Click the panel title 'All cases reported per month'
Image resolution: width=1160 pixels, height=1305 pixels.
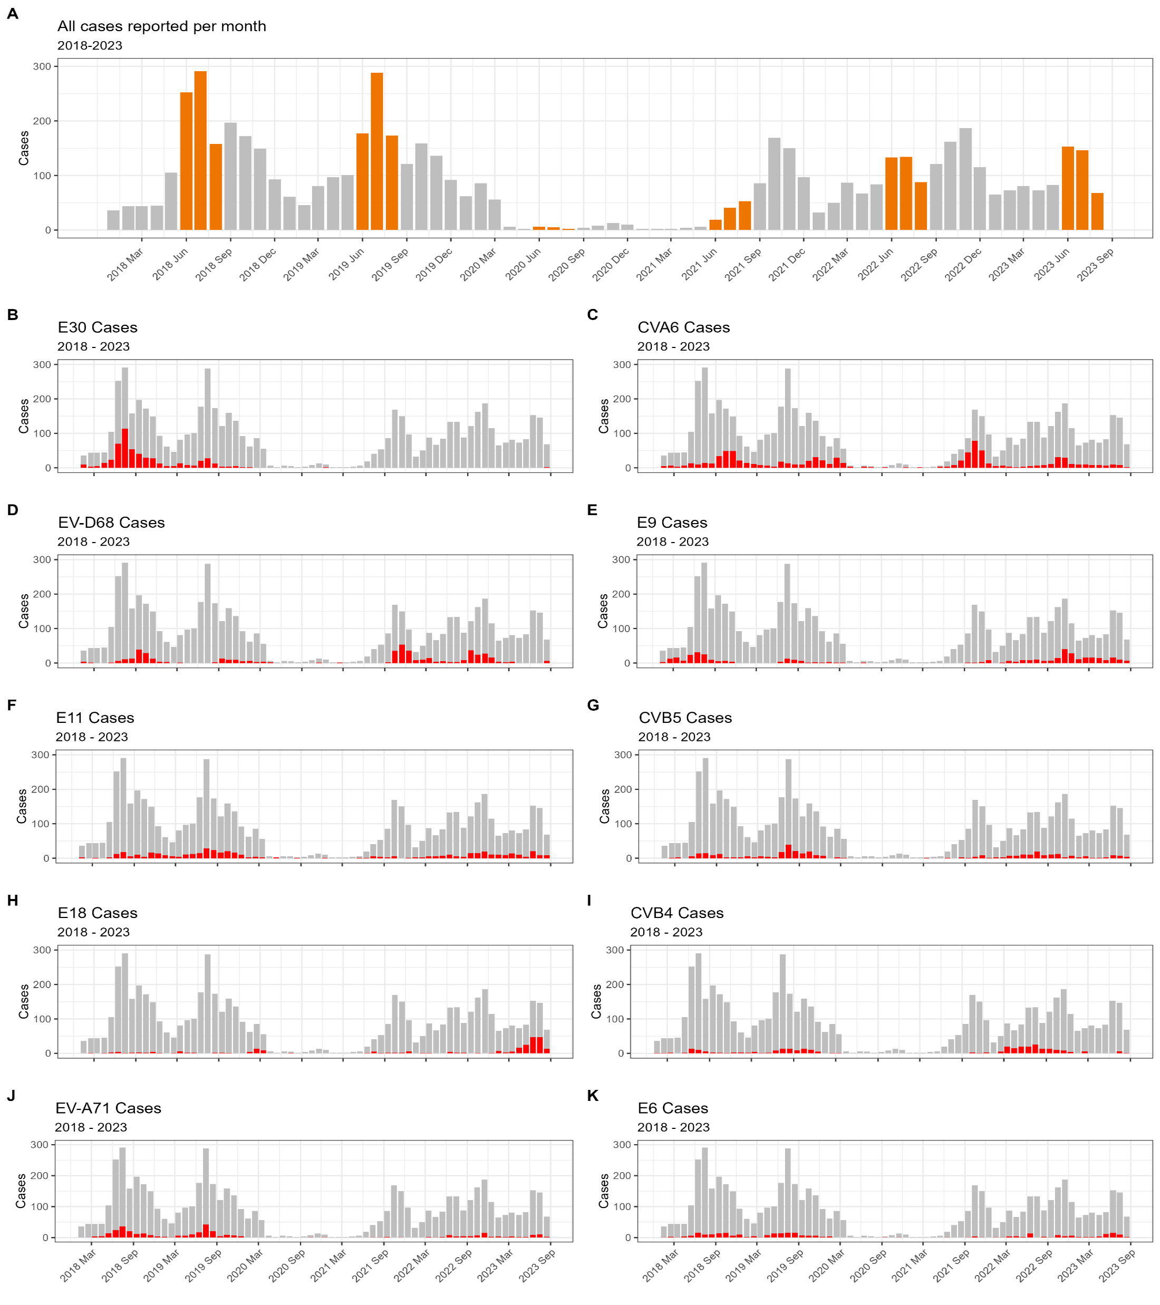click(161, 26)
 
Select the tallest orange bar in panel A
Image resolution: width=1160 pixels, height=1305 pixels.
click(200, 150)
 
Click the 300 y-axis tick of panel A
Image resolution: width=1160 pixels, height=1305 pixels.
click(43, 66)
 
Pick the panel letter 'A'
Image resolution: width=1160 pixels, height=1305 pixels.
click(13, 13)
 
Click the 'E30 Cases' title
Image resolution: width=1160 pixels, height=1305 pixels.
click(98, 327)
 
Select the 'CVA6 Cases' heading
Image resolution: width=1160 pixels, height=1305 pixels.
click(683, 327)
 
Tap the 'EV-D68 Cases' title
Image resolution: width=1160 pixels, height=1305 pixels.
click(111, 523)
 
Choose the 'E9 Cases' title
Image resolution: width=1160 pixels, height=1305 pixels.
click(672, 523)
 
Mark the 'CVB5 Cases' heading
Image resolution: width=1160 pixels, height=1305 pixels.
click(685, 718)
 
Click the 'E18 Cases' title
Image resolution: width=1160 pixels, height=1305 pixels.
click(98, 914)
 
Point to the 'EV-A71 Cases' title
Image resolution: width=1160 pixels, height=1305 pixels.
click(108, 1109)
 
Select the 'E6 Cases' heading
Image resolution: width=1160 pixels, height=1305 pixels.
click(673, 1109)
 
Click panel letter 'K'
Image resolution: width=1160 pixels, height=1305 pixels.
click(593, 1096)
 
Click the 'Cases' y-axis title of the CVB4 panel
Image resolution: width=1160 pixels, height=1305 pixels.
click(597, 1001)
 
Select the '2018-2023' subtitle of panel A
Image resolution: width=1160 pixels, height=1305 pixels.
click(90, 46)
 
